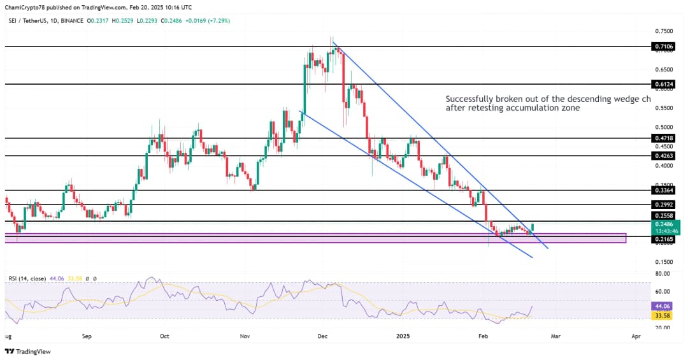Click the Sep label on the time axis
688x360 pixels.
(87, 335)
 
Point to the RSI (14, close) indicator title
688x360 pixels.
(27, 278)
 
